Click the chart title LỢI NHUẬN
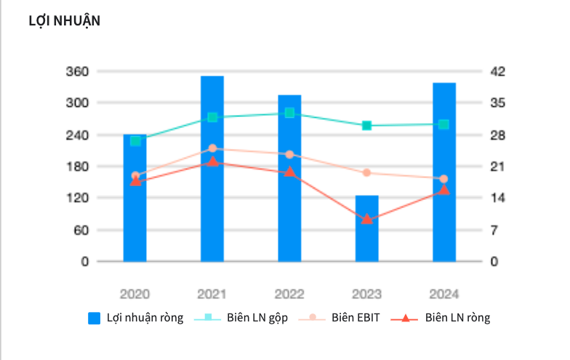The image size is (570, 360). (65, 20)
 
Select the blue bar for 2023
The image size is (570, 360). (366, 228)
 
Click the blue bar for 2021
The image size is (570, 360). (212, 169)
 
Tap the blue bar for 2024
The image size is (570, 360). (443, 172)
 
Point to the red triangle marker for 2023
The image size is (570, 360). (366, 219)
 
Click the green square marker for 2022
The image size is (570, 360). (289, 113)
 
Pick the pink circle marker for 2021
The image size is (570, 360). (212, 148)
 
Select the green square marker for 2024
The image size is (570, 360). (443, 124)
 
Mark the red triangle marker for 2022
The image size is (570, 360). (289, 172)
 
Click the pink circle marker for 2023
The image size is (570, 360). (366, 172)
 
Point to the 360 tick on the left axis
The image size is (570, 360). (77, 71)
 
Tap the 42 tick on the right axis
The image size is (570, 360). (497, 71)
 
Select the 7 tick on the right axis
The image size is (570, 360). (494, 230)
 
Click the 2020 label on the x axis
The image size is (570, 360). (135, 294)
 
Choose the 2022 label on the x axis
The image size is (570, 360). (289, 294)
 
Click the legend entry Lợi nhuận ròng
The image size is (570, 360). (136, 318)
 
